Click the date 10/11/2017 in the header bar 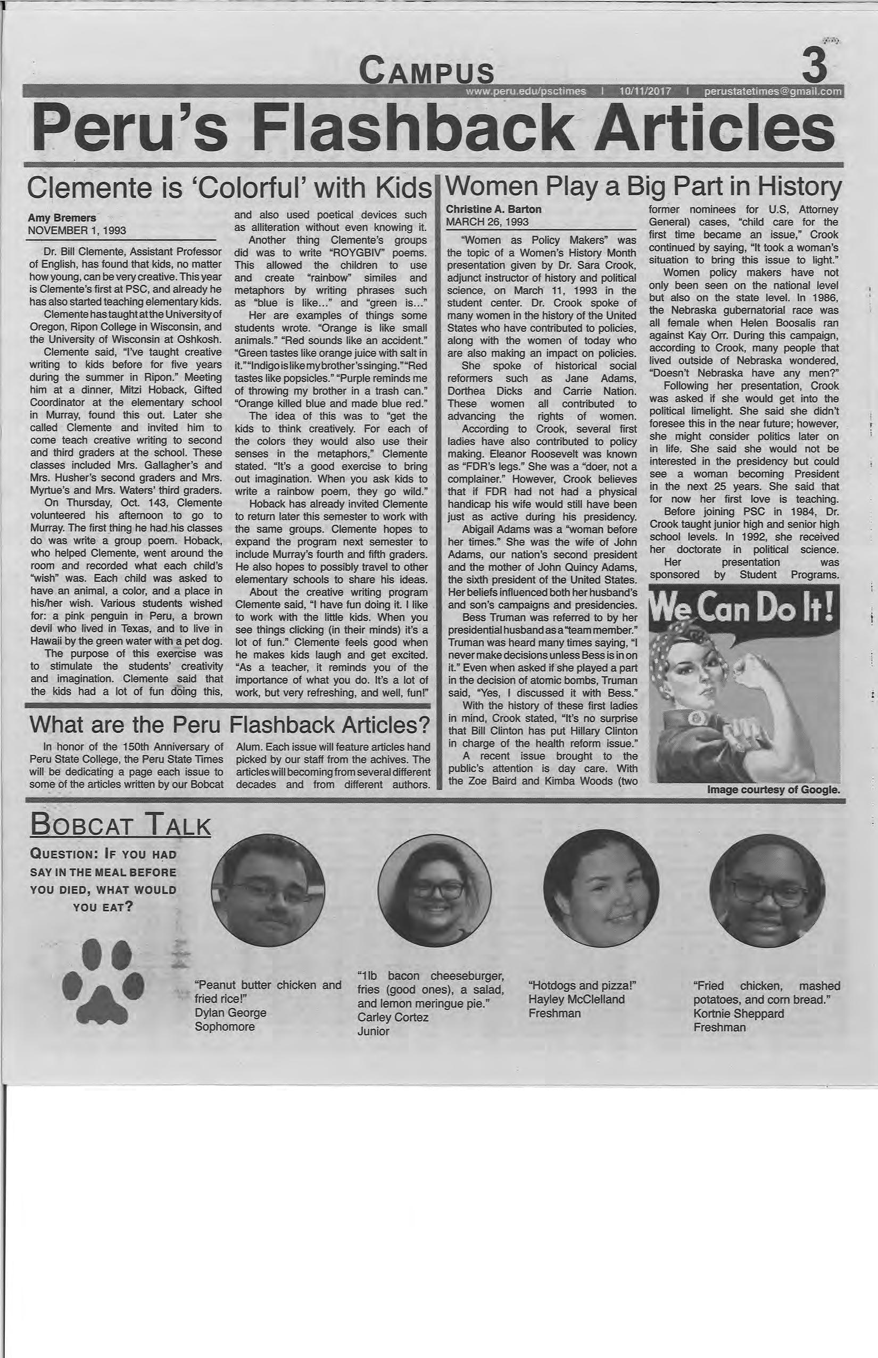pyautogui.click(x=644, y=92)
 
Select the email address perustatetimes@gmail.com pyautogui.click(x=773, y=92)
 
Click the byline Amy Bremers pyautogui.click(x=62, y=218)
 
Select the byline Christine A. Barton pyautogui.click(x=494, y=209)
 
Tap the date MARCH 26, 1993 pyautogui.click(x=487, y=222)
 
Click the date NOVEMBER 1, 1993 pyautogui.click(x=77, y=231)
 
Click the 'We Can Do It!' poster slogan pyautogui.click(x=743, y=608)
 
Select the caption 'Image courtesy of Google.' pyautogui.click(x=773, y=790)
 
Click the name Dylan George pyautogui.click(x=230, y=1012)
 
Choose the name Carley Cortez pyautogui.click(x=393, y=1017)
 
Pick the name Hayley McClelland pyautogui.click(x=576, y=999)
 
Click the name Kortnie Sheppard pyautogui.click(x=739, y=1013)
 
